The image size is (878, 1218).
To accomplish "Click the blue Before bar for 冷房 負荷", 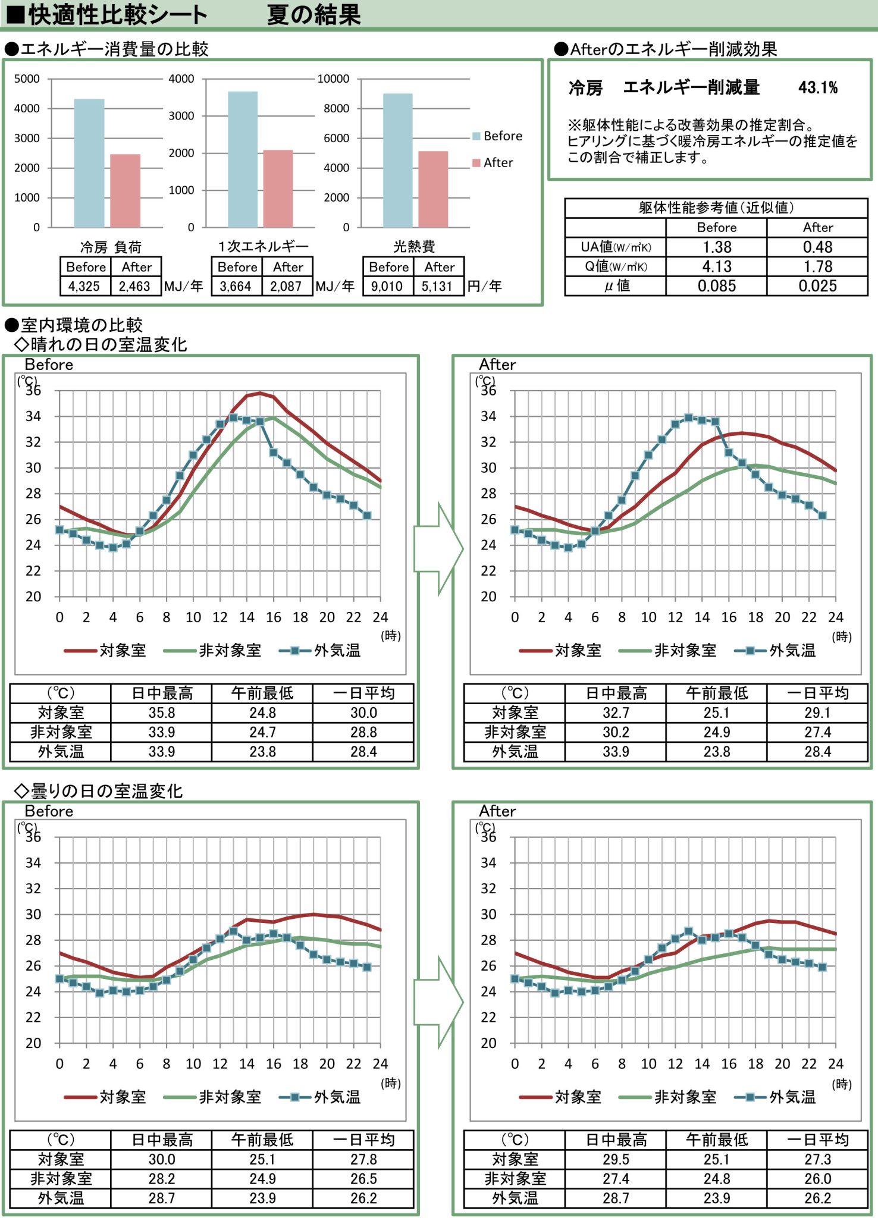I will [89, 163].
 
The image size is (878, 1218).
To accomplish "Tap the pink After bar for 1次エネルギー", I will [278, 189].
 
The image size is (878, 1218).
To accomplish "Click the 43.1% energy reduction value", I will [817, 88].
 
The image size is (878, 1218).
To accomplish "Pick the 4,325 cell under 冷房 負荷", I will [84, 286].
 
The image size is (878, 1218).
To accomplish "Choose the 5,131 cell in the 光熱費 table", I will [437, 286].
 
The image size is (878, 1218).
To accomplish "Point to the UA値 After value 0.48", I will [817, 247].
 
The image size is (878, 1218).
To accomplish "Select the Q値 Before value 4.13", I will [716, 266].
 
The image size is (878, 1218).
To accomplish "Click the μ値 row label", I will [616, 286].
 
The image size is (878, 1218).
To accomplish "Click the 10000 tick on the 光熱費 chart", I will [333, 79].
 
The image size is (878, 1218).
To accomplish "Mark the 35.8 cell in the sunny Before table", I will [161, 712].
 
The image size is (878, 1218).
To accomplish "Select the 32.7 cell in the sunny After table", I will [616, 712].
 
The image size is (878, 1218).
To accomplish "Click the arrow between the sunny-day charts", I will [438, 548].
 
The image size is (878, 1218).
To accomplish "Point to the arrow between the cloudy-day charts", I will [438, 1002].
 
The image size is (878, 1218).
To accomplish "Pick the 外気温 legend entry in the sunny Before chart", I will [321, 651].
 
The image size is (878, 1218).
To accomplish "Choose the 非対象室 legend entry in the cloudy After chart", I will [668, 1097].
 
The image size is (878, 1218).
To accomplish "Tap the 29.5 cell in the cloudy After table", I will [616, 1159].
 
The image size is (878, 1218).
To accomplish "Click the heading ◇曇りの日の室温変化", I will [99, 790].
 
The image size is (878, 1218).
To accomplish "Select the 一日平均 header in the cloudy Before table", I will [363, 1139].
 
